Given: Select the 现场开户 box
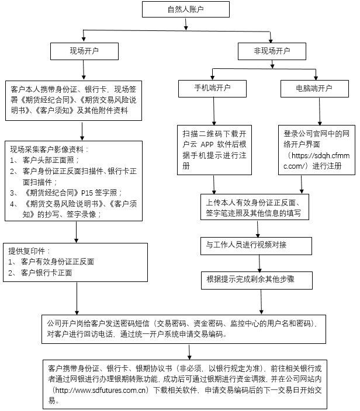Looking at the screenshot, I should (84, 51).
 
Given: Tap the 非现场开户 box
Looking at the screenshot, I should (272, 51).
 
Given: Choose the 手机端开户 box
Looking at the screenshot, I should (212, 88).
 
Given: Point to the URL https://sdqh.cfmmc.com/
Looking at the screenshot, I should (316, 161).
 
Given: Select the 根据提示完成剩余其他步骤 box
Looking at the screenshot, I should (250, 280).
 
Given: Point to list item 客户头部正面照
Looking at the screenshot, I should (50, 160).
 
